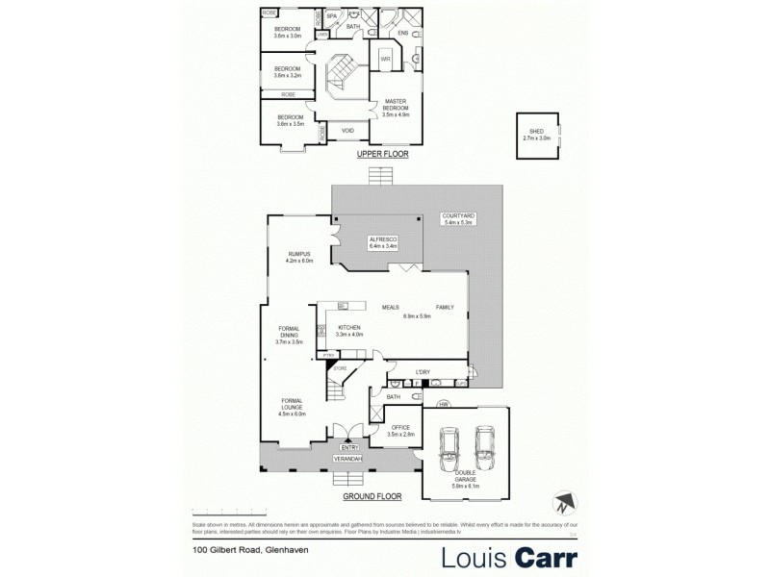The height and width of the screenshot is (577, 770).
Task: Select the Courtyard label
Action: point(455,219)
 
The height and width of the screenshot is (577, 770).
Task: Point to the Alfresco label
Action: point(383,243)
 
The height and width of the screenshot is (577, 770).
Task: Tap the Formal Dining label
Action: point(290,335)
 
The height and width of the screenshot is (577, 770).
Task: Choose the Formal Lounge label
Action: point(293,408)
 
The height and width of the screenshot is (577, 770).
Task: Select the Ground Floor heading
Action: point(372,498)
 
